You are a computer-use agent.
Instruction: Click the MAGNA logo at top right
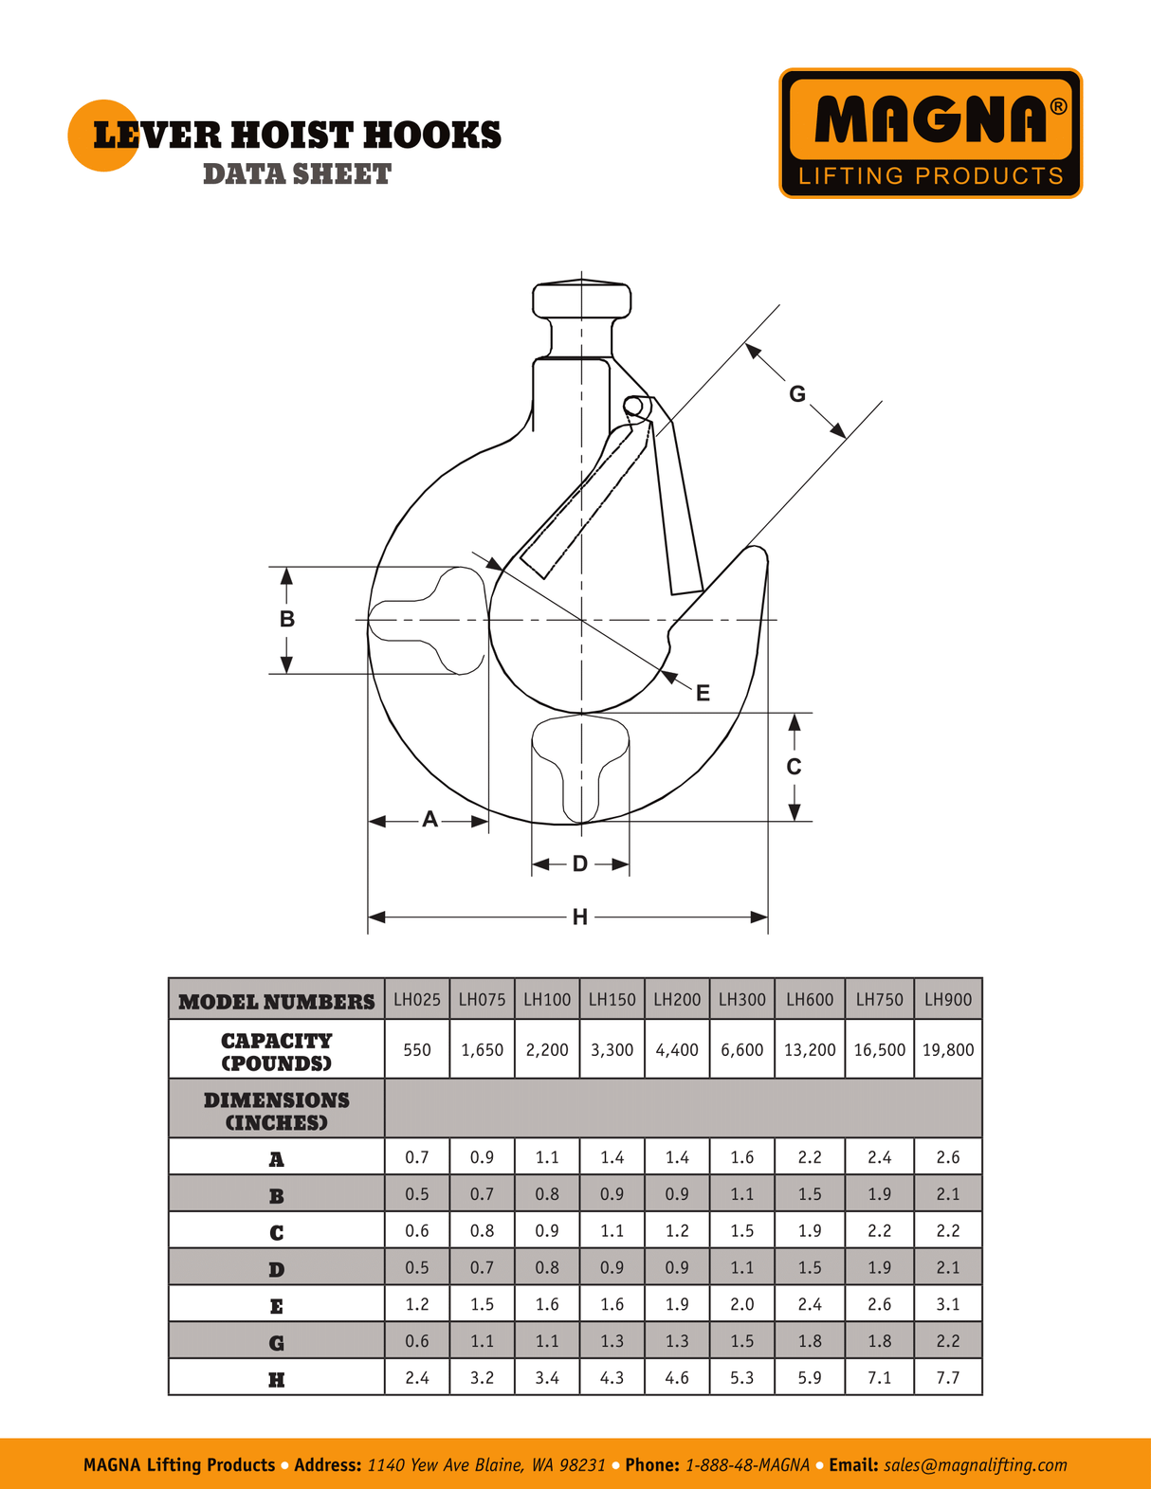930,133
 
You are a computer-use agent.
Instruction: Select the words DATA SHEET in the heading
297,174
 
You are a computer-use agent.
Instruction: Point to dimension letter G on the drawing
797,393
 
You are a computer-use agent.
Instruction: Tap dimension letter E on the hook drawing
703,693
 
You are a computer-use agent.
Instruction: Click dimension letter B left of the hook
286,619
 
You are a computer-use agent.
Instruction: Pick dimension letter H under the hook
579,917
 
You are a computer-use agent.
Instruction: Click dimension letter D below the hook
579,863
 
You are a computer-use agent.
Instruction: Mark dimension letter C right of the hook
794,766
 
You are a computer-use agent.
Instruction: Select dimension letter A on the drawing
429,820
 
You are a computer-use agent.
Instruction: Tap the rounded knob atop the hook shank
581,300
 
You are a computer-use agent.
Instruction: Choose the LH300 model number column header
741,999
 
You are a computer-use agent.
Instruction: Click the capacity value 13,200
810,1049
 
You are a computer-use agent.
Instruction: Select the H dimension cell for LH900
948,1377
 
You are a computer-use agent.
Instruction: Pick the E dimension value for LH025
417,1304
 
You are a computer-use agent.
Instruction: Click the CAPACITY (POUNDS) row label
277,1050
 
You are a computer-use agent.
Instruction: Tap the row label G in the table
277,1342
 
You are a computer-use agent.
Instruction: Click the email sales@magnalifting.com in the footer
975,1464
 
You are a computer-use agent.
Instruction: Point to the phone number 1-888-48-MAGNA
746,1464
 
